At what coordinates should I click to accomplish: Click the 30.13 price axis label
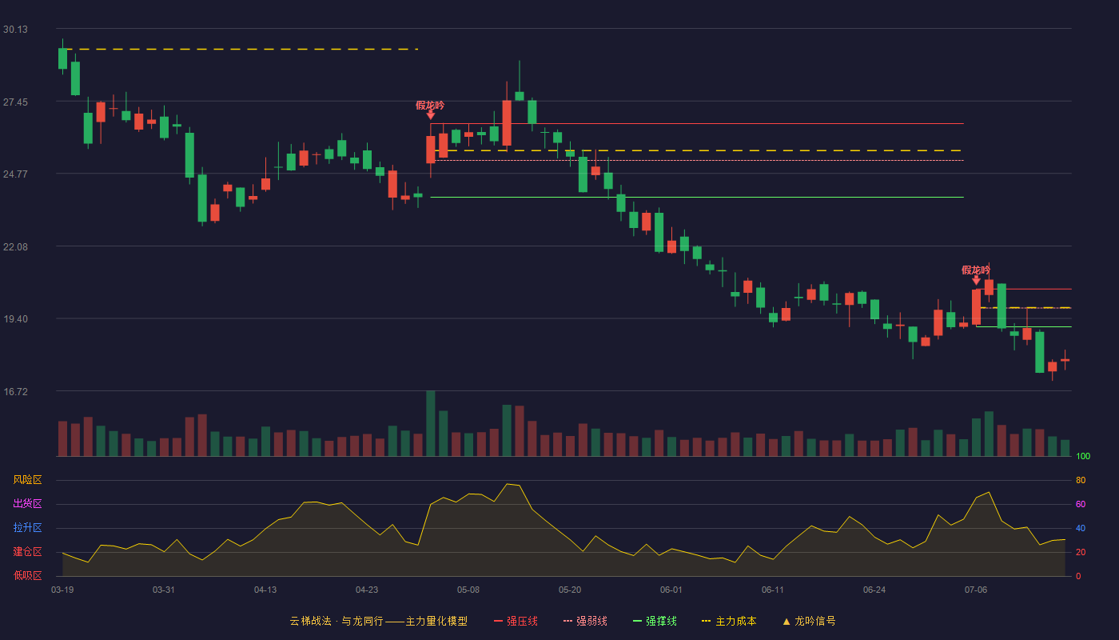pyautogui.click(x=15, y=30)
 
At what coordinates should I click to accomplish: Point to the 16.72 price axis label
pyautogui.click(x=15, y=391)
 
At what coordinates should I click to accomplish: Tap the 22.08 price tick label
pyautogui.click(x=15, y=247)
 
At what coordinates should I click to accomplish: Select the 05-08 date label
pyautogui.click(x=468, y=590)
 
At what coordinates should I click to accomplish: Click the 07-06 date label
pyautogui.click(x=976, y=590)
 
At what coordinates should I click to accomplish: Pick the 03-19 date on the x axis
pyautogui.click(x=62, y=590)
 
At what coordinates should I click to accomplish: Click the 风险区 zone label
pyautogui.click(x=27, y=480)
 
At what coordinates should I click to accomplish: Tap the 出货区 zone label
pyautogui.click(x=27, y=503)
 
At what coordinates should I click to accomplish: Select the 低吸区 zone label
pyautogui.click(x=27, y=575)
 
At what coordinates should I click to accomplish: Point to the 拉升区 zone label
pyautogui.click(x=27, y=527)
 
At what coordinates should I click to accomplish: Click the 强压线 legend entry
pyautogui.click(x=516, y=621)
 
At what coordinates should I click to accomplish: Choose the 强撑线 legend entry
pyautogui.click(x=655, y=621)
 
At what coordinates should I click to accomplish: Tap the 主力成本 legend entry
pyautogui.click(x=729, y=621)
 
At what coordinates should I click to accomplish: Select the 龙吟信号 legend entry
pyautogui.click(x=809, y=621)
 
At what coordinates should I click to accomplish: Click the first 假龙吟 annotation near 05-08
pyautogui.click(x=430, y=106)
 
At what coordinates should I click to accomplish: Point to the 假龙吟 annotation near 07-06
pyautogui.click(x=976, y=270)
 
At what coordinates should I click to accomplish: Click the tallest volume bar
pyautogui.click(x=431, y=423)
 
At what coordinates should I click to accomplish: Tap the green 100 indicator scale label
pyautogui.click(x=1083, y=456)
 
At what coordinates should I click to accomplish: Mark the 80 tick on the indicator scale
pyautogui.click(x=1081, y=480)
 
